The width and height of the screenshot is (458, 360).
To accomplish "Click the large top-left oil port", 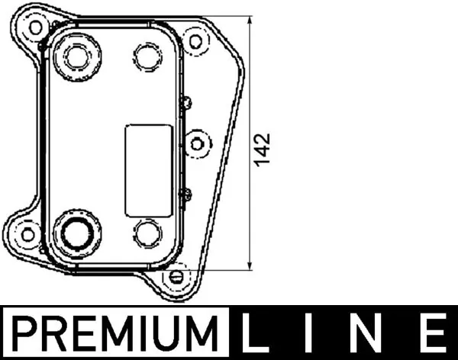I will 77,55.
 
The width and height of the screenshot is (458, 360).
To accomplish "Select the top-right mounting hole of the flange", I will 197,41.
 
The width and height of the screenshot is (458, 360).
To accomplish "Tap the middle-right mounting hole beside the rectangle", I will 197,142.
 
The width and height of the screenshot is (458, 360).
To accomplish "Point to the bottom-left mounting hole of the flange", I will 26,233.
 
